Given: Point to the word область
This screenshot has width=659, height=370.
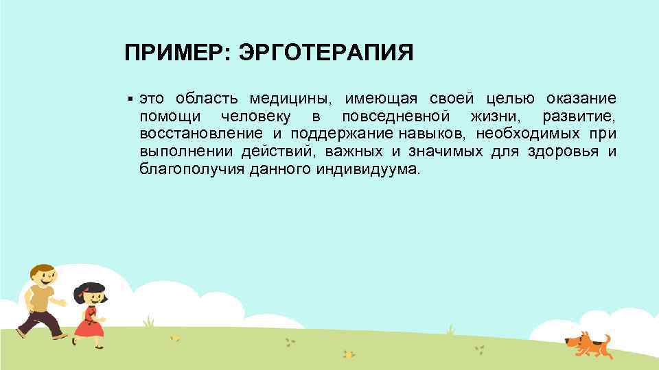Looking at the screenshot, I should pyautogui.click(x=203, y=98).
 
